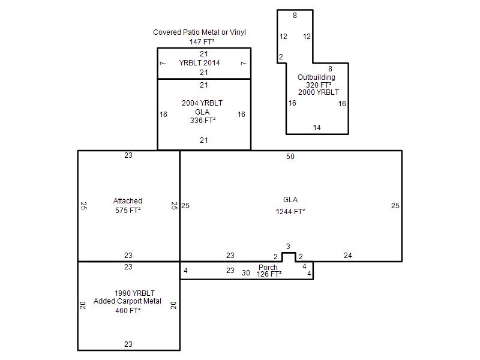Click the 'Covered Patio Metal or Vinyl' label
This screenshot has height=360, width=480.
199,32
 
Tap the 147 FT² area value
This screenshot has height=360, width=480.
202,41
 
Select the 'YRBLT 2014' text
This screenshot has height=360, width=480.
200,63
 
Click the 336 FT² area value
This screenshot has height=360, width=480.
203,121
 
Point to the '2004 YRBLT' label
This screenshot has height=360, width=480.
202,103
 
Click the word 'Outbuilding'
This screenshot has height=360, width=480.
317,77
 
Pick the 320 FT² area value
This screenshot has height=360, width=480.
319,85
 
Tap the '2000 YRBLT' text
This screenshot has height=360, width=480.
319,92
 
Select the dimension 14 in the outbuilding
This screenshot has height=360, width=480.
317,128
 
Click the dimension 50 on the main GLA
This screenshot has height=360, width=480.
290,157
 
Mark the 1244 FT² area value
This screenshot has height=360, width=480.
290,212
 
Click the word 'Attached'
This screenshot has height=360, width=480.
128,201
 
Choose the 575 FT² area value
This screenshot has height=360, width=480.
128,211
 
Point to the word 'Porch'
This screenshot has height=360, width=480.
268,267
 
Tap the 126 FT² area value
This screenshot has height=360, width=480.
269,274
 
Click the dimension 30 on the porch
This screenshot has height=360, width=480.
246,273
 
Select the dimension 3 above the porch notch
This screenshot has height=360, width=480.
288,246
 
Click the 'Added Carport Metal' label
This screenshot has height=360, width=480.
127,301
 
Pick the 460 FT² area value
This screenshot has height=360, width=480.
128,310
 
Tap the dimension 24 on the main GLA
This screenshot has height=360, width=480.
348,256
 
